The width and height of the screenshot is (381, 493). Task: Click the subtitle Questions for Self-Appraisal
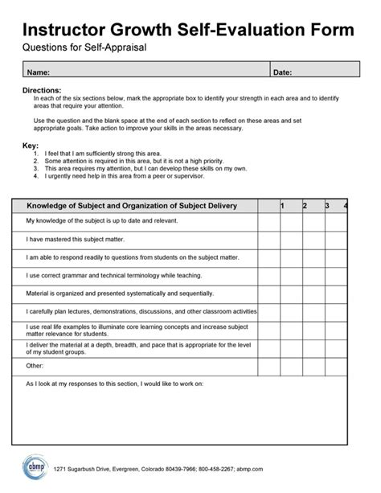pyautogui.click(x=84, y=49)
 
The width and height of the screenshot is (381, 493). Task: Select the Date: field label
pyautogui.click(x=282, y=73)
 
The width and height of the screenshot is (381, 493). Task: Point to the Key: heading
pyautogui.click(x=30, y=146)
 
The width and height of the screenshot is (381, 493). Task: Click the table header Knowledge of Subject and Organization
pyautogui.click(x=132, y=206)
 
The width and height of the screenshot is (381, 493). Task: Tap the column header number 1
pyautogui.click(x=282, y=206)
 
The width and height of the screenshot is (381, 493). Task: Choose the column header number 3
pyautogui.click(x=327, y=206)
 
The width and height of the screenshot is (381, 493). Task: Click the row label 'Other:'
pyautogui.click(x=35, y=364)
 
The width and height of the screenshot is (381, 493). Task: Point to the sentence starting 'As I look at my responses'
pyautogui.click(x=115, y=384)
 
